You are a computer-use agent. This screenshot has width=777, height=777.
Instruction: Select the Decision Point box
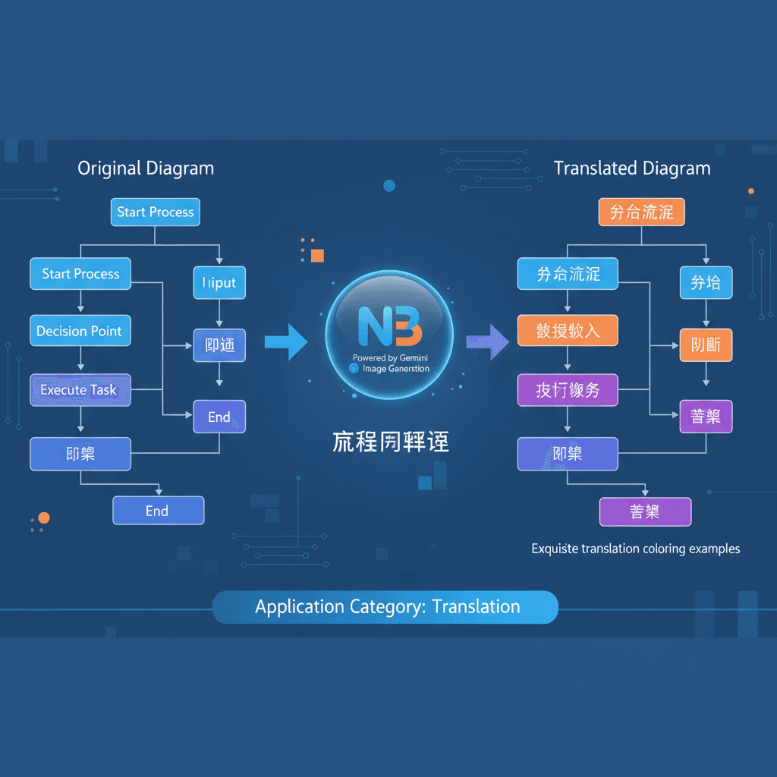80,331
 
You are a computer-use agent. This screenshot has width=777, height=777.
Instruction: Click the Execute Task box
79,390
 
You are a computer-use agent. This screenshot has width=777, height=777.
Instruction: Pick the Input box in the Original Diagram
219,283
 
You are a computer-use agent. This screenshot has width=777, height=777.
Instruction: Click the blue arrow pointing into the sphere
285,342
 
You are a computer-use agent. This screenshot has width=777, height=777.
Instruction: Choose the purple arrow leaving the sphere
488,342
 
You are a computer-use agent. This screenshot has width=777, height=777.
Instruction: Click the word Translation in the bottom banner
477,607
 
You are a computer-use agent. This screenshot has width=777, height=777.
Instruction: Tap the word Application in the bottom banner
299,607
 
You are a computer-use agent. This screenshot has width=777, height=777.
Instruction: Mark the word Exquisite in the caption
558,549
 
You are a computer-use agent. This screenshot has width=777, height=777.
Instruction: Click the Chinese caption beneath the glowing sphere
390,442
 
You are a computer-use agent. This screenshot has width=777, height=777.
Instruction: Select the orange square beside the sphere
317,255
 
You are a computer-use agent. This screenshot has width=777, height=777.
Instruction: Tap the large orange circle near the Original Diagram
44,518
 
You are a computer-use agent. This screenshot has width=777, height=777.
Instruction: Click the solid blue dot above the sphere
389,186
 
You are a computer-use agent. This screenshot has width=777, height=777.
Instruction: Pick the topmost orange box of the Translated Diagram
641,212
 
